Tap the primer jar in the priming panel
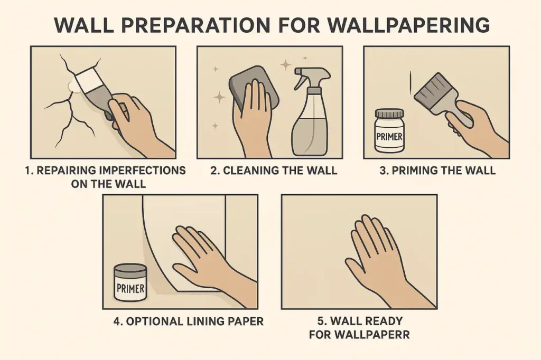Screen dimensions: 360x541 [x=389, y=132]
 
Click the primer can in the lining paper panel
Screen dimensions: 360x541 [x=130, y=283]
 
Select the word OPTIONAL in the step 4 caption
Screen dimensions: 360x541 [x=153, y=321]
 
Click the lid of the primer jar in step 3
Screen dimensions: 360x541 [x=389, y=112]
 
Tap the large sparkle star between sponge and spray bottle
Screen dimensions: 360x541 [x=286, y=65]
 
